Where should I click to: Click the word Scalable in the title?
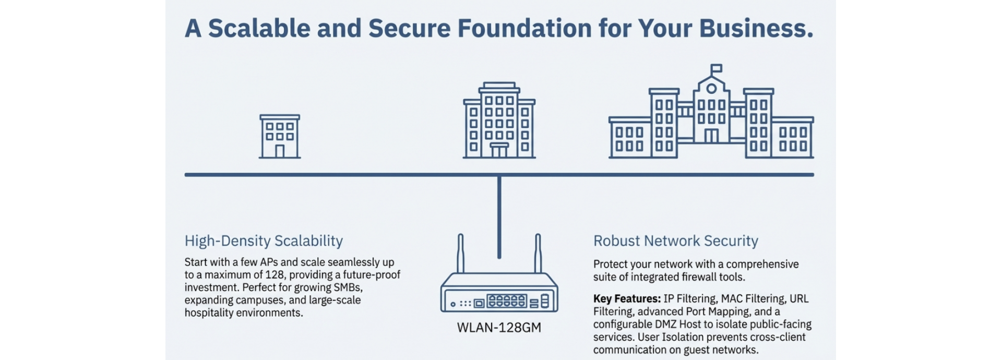click(259, 28)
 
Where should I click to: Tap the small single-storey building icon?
click(280, 137)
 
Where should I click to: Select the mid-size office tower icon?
click(499, 121)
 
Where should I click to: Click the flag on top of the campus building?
click(717, 68)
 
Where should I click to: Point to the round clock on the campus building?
click(711, 89)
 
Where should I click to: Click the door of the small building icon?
click(280, 151)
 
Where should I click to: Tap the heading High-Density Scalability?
click(264, 241)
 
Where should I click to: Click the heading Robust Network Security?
click(675, 241)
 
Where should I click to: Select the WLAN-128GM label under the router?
click(499, 328)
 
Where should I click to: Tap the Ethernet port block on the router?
click(506, 301)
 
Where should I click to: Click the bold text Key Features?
click(627, 299)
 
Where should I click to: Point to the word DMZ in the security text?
click(666, 325)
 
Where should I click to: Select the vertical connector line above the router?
click(499, 217)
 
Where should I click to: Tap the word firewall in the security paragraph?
click(699, 277)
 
